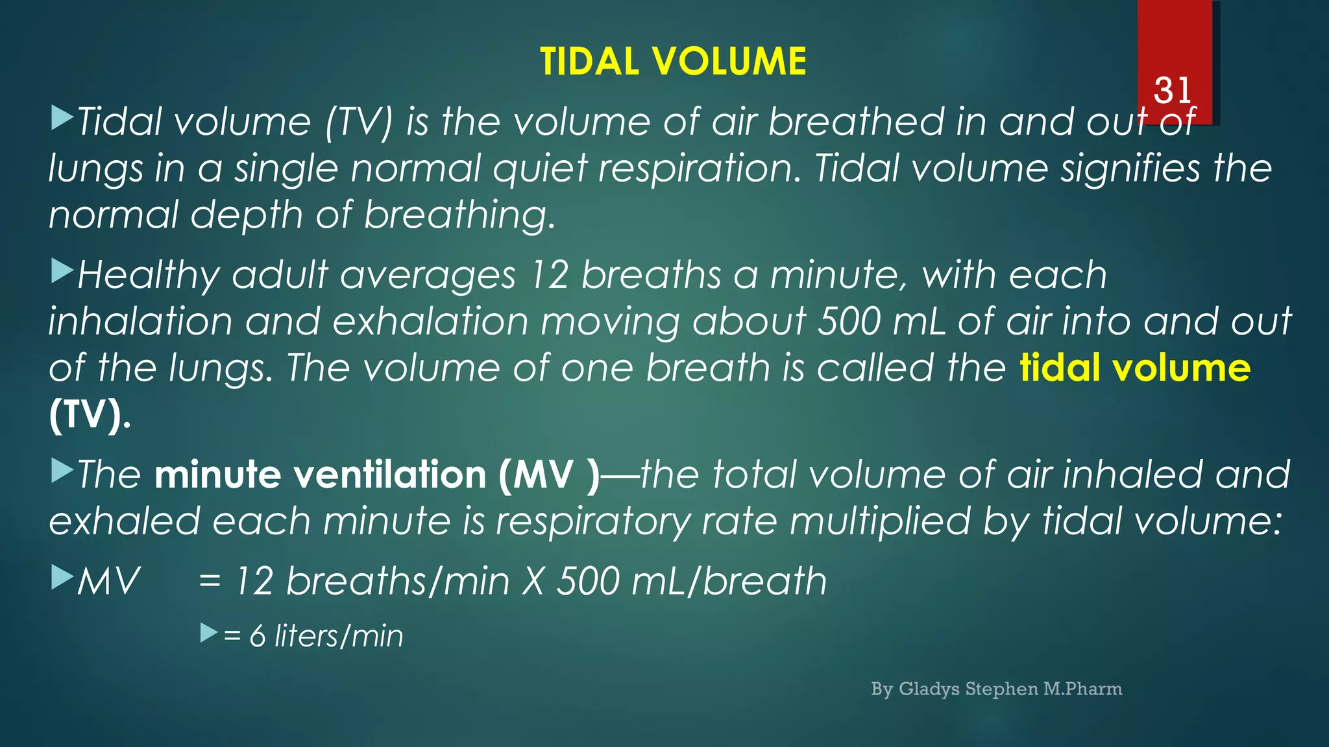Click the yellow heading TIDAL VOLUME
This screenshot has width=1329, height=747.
click(x=673, y=62)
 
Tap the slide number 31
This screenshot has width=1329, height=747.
click(x=1173, y=90)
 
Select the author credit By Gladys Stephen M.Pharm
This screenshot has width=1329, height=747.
click(x=996, y=689)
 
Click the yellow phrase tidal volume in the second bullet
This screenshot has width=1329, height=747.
click(x=1135, y=368)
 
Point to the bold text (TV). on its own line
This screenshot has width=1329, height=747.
click(x=90, y=414)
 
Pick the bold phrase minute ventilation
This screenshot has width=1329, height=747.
click(x=321, y=474)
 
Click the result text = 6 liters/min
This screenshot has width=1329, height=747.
click(x=313, y=635)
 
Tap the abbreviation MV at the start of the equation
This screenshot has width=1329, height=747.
click(x=108, y=580)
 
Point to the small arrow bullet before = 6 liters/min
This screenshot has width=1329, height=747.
click(x=208, y=632)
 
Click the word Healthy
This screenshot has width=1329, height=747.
click(x=149, y=275)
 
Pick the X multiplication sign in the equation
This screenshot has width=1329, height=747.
click(x=533, y=580)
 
